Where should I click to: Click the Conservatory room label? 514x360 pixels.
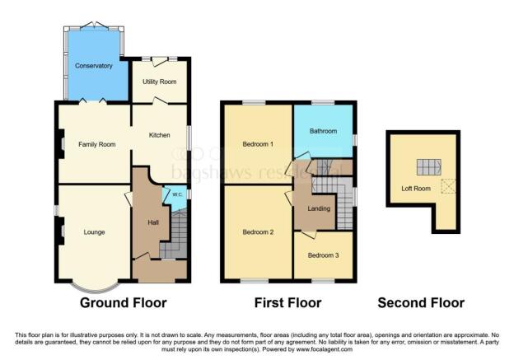92,65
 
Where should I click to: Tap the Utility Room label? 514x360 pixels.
160,82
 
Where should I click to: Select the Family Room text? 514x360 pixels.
96,144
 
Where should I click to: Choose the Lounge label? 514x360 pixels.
94,232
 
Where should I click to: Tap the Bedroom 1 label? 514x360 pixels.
258,144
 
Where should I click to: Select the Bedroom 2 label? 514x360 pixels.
258,232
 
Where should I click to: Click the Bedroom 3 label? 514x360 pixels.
323,255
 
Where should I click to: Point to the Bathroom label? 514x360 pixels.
324,131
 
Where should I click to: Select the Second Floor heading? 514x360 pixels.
421,303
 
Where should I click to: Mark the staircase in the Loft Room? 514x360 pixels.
426,167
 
